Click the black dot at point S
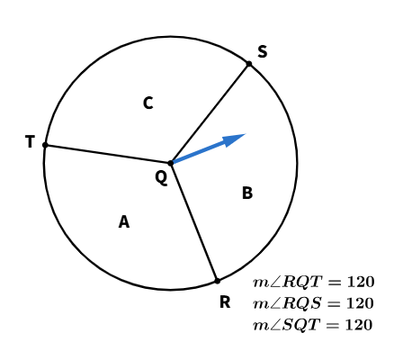249,64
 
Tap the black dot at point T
45,145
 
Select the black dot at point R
218,281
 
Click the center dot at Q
171,163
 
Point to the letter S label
263,51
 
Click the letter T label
30,141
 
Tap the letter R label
225,302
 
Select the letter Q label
161,177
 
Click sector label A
124,222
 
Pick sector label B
247,193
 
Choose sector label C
148,103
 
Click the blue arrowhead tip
246,134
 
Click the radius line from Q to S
210,113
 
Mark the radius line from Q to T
108,154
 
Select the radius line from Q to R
194,222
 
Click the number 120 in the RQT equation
361,282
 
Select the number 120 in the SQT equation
359,325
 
